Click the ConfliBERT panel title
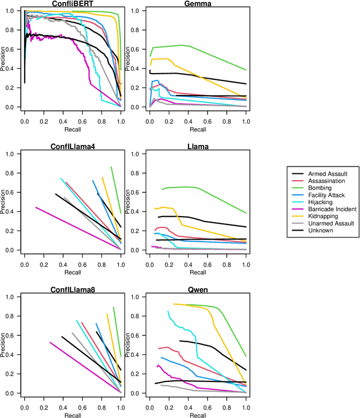(72, 4)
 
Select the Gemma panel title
(197, 4)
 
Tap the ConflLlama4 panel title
(72, 147)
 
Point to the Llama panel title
(197, 147)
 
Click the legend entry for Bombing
(322, 188)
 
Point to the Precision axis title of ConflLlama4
(6, 201)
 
